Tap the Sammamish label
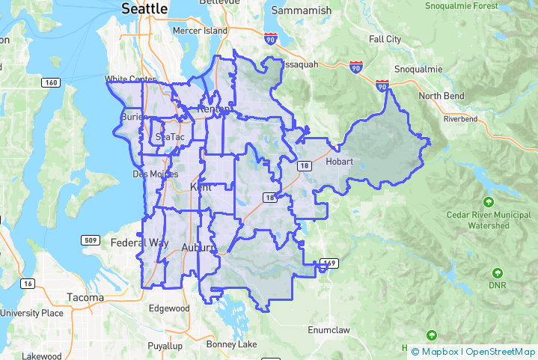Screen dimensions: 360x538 (x=300, y=10)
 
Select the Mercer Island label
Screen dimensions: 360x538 (x=199, y=31)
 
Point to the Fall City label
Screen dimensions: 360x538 (x=385, y=39)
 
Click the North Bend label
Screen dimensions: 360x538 (x=441, y=96)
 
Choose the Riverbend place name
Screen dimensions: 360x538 (x=460, y=119)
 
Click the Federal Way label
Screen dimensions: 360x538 (x=139, y=243)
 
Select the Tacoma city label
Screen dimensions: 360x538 (x=85, y=297)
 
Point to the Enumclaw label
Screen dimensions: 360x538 (x=330, y=329)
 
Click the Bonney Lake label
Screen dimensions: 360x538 (x=231, y=344)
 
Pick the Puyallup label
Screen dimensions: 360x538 (x=165, y=346)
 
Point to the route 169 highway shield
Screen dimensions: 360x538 (x=328, y=263)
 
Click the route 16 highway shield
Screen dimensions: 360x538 (x=28, y=283)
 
